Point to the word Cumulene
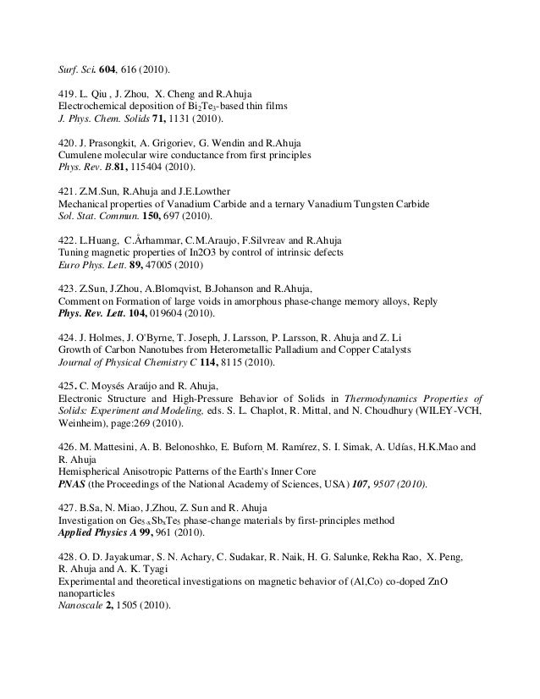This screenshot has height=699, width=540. [80, 157]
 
